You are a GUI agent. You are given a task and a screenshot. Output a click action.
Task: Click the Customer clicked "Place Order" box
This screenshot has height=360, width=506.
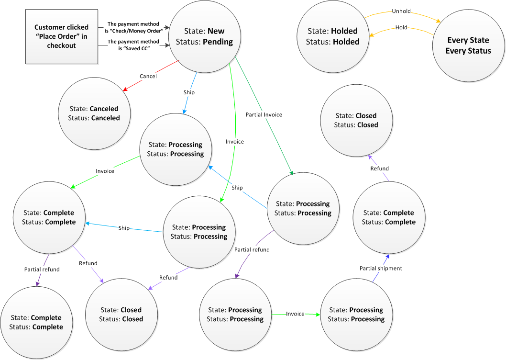pyautogui.click(x=57, y=37)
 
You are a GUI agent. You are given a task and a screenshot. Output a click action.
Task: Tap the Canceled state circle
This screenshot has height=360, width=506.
pyautogui.click(x=95, y=113)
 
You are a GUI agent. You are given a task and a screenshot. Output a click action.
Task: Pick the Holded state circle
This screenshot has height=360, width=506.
pyautogui.click(x=332, y=36)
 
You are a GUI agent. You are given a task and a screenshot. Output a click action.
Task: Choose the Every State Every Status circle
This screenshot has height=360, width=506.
pyautogui.click(x=468, y=45)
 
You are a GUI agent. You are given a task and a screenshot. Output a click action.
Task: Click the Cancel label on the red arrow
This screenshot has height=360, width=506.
pyautogui.click(x=148, y=76)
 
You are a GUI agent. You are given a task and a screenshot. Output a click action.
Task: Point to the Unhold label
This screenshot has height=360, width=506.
pyautogui.click(x=401, y=11)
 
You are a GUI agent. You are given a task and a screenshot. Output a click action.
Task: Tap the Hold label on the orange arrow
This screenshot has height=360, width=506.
pyautogui.click(x=401, y=27)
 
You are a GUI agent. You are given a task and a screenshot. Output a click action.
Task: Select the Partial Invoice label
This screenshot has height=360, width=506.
pyautogui.click(x=264, y=114)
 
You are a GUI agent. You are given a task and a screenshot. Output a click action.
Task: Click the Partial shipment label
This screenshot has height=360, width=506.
pyautogui.click(x=381, y=268)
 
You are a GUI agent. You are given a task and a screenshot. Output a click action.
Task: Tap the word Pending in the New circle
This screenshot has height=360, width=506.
pyautogui.click(x=218, y=42)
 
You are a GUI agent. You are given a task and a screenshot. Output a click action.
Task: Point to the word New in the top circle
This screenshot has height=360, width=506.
pyautogui.click(x=216, y=31)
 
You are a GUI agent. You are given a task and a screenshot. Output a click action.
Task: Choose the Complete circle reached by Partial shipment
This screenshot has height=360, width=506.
pyautogui.click(x=388, y=217)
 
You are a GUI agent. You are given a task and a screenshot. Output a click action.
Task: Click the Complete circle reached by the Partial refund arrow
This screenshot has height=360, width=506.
pyautogui.click(x=36, y=322)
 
